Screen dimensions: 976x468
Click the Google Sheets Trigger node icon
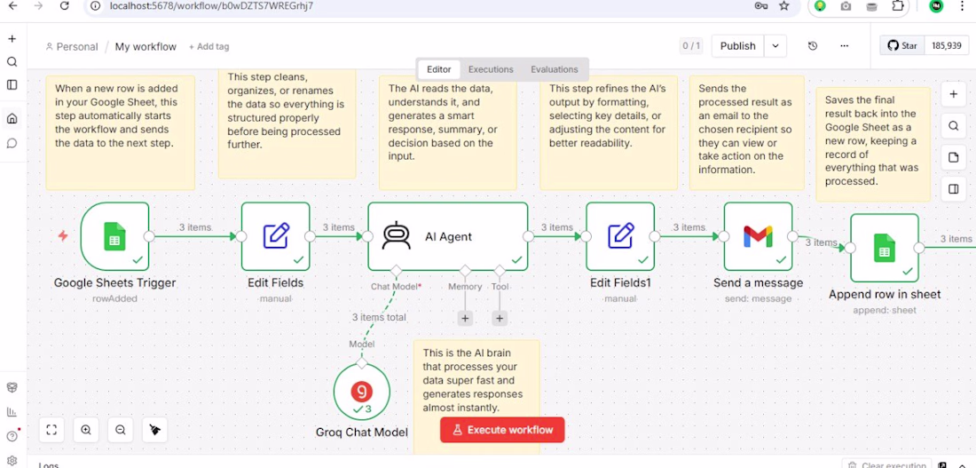(114, 236)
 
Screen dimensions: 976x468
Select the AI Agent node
(447, 236)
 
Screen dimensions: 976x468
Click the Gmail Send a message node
(758, 236)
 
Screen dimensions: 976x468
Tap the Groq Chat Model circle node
(362, 392)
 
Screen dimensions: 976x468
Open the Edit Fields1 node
(620, 236)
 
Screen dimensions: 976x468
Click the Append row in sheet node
(885, 248)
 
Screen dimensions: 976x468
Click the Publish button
(737, 46)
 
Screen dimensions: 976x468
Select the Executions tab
(491, 69)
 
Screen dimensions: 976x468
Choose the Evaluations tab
(554, 69)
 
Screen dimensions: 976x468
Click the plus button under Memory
(465, 319)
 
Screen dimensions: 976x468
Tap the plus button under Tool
(500, 319)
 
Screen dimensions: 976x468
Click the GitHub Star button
(902, 45)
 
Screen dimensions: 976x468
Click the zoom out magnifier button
(120, 429)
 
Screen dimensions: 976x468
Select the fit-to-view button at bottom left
(51, 429)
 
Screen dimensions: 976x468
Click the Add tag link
(209, 47)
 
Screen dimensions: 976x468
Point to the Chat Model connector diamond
(395, 271)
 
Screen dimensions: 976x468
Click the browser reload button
(64, 6)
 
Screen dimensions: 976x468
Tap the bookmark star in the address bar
(783, 6)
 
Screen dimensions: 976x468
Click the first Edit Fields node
(275, 236)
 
